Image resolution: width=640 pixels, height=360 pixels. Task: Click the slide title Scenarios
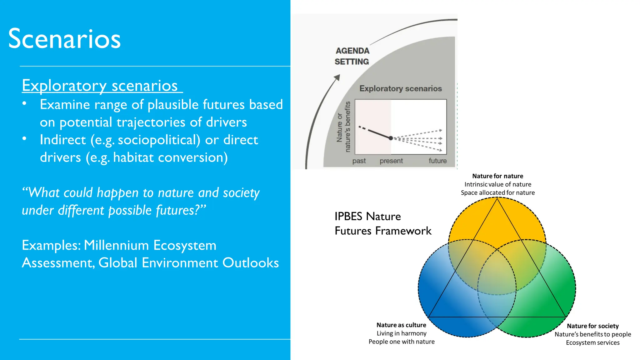click(64, 39)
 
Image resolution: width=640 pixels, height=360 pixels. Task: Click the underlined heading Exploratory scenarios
click(100, 85)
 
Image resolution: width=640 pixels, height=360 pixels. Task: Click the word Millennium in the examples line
click(116, 245)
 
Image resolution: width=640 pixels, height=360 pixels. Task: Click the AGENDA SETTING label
click(352, 56)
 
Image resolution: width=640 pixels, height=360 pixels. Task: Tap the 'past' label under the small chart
click(359, 161)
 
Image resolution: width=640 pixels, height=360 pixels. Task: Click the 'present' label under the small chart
click(391, 161)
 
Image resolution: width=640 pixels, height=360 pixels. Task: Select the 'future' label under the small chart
click(437, 161)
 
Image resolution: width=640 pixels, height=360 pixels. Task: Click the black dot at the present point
click(391, 138)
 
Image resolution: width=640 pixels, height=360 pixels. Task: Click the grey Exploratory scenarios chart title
click(400, 89)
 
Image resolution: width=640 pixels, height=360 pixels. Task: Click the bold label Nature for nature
click(497, 176)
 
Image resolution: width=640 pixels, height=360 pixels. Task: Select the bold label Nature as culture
click(401, 325)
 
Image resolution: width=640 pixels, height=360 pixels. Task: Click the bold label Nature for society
click(592, 326)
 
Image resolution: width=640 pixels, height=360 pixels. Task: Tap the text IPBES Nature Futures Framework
click(382, 223)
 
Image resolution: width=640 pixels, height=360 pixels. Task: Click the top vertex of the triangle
click(497, 199)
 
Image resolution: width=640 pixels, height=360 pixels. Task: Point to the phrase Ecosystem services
click(592, 342)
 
